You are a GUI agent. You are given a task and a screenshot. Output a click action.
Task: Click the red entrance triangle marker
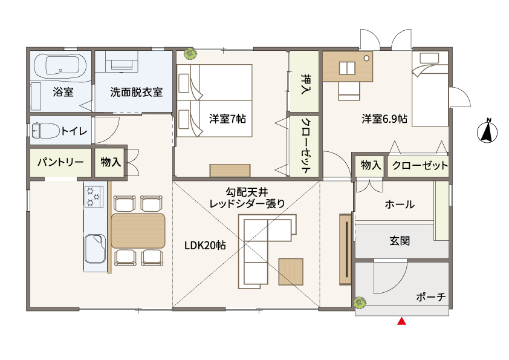(x=402, y=321)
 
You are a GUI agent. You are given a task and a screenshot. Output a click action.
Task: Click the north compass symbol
(x=487, y=131)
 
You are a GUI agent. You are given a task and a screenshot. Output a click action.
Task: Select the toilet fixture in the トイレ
(x=45, y=131)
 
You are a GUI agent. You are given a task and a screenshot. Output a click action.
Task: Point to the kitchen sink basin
(x=95, y=249)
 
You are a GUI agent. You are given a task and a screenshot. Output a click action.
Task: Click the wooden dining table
(x=138, y=231)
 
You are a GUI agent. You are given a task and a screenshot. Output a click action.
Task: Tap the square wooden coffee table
(x=291, y=272)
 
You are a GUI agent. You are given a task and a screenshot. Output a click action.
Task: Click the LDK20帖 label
(x=205, y=245)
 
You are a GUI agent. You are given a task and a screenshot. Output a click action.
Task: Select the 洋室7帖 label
(x=227, y=119)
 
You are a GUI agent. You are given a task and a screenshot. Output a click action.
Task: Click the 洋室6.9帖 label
(x=384, y=119)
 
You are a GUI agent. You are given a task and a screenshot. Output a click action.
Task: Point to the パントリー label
(x=60, y=162)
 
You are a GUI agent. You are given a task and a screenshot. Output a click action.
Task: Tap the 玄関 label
(x=400, y=241)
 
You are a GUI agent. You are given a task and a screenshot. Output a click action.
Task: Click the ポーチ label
(x=431, y=297)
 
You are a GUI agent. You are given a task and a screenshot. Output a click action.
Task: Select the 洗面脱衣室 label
(x=137, y=93)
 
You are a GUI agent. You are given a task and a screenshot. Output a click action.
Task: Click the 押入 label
(x=305, y=85)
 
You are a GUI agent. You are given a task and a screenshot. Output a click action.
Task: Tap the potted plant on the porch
(x=360, y=303)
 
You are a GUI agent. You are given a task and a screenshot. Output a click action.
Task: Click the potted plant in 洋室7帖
(x=190, y=54)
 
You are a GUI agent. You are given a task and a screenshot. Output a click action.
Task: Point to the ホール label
(x=400, y=205)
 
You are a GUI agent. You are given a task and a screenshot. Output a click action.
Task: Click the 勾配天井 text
(x=247, y=192)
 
